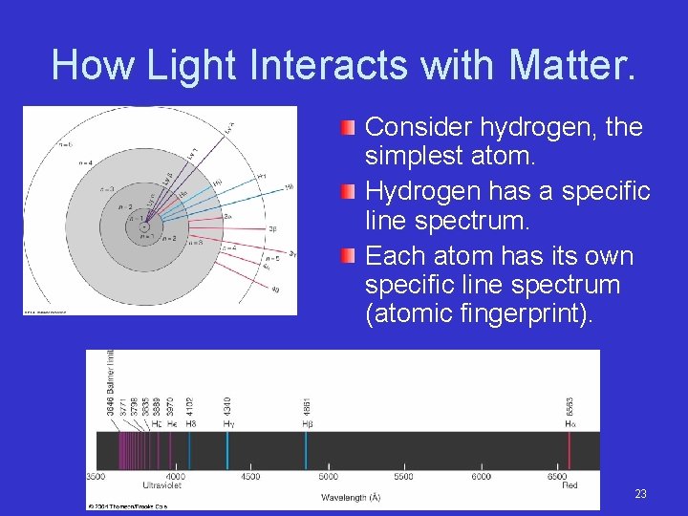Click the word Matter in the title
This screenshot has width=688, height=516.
570,65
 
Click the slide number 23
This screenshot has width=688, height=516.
640,494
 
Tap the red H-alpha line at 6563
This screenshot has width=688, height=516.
570,449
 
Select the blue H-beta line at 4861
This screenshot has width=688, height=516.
307,449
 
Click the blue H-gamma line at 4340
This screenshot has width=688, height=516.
226,449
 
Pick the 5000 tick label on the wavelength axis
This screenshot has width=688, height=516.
328,476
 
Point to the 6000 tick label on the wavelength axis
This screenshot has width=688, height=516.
481,476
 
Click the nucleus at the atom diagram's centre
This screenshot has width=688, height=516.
142,227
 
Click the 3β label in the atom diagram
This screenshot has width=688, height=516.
272,229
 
